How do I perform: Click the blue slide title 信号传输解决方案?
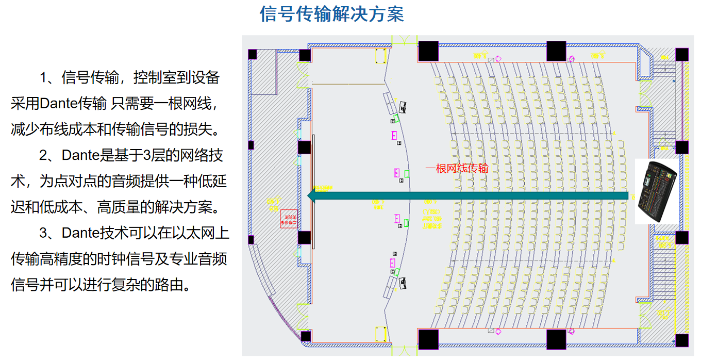coord(331,14)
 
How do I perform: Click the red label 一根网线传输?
coord(457,168)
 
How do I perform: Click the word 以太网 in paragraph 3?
coord(208,233)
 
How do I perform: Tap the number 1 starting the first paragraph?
coord(44,78)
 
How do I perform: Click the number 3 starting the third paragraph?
coord(44,233)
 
